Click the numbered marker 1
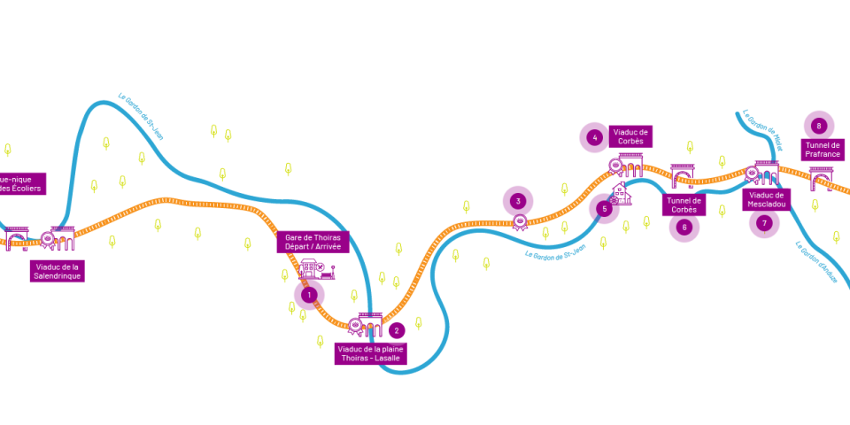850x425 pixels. coord(309,294)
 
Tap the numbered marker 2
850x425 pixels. coord(397,330)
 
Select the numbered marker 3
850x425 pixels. coord(518,201)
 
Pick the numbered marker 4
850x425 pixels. coord(595,137)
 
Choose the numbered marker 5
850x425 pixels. coord(604,209)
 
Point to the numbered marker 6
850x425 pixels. coord(684,227)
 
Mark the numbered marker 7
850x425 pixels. coord(764,222)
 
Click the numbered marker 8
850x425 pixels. coord(819,126)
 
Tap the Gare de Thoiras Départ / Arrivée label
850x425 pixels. coord(313,242)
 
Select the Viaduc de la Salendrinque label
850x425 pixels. coord(57,271)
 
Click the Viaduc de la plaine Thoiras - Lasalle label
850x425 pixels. coord(370,353)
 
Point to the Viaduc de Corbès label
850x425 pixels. coord(630,136)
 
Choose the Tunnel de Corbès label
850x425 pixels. coord(684,205)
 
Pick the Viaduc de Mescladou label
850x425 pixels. coord(766,199)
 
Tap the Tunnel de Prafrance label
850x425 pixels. coord(823,150)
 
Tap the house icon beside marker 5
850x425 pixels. coord(622,194)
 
